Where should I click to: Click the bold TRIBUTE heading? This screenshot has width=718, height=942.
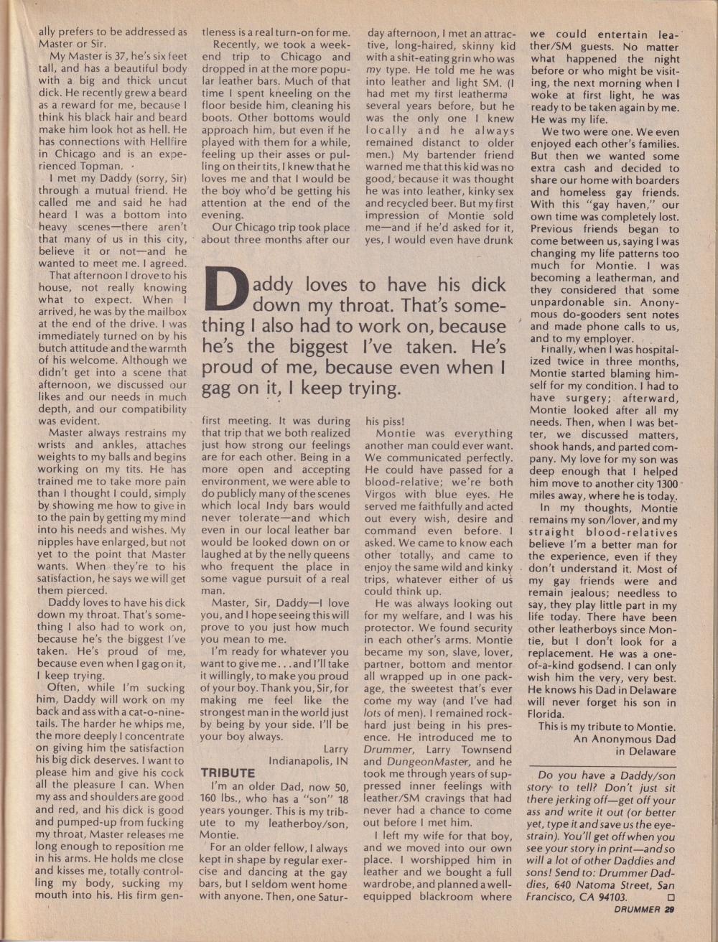tap(228, 773)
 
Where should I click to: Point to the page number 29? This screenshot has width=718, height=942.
tap(669, 910)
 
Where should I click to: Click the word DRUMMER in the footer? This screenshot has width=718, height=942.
tap(636, 910)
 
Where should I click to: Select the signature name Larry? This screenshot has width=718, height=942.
tap(335, 748)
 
